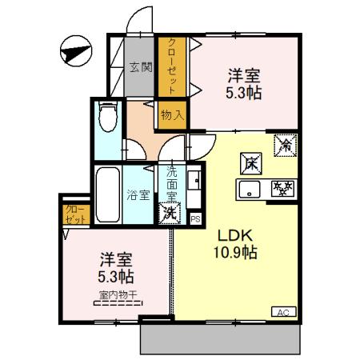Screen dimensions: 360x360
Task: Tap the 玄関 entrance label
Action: (x=141, y=67)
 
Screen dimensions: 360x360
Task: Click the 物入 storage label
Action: (x=172, y=114)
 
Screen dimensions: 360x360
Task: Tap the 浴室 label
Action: (x=138, y=194)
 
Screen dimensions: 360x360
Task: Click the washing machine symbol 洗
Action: (x=169, y=213)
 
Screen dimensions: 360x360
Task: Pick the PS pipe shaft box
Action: (x=196, y=217)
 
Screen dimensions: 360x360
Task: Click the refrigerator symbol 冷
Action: (x=283, y=145)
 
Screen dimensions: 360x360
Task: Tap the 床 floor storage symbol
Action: (x=250, y=163)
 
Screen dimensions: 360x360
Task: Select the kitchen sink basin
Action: (x=249, y=190)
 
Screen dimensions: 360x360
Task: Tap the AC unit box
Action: (x=282, y=312)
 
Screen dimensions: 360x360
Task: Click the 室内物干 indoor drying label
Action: (x=117, y=294)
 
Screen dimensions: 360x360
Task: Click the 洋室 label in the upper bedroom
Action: (x=243, y=76)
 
